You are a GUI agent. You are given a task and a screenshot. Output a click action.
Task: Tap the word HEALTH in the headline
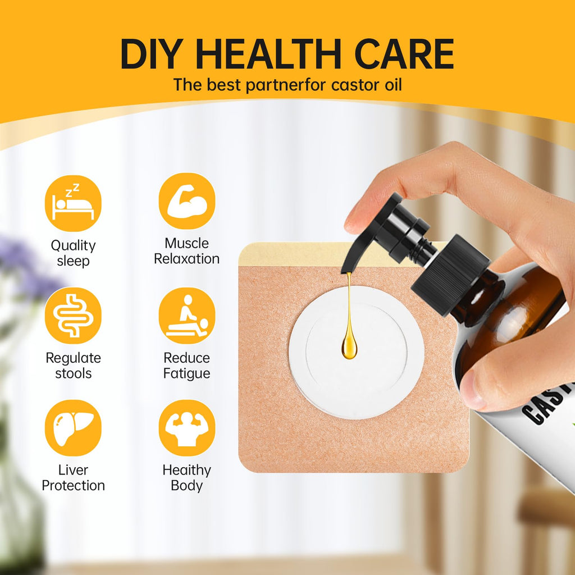(x=269, y=54)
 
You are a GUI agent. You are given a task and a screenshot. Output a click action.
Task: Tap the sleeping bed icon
(x=73, y=203)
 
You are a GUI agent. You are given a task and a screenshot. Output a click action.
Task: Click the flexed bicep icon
(x=187, y=202)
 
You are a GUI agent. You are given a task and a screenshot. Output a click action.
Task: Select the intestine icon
(x=73, y=316)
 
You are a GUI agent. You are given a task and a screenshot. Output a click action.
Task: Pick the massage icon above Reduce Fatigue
(x=187, y=316)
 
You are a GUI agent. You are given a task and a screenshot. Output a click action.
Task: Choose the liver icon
(x=73, y=428)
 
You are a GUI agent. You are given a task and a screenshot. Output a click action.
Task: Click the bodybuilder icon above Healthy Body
(x=187, y=428)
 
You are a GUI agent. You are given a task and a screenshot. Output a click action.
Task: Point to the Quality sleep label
(x=73, y=253)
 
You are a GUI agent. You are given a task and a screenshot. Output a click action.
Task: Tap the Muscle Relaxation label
(x=186, y=251)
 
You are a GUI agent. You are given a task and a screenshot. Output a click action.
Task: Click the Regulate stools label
(x=73, y=365)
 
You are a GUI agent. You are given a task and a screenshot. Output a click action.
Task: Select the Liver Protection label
(x=73, y=478)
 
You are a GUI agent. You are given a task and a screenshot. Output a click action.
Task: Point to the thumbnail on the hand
(x=471, y=389)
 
